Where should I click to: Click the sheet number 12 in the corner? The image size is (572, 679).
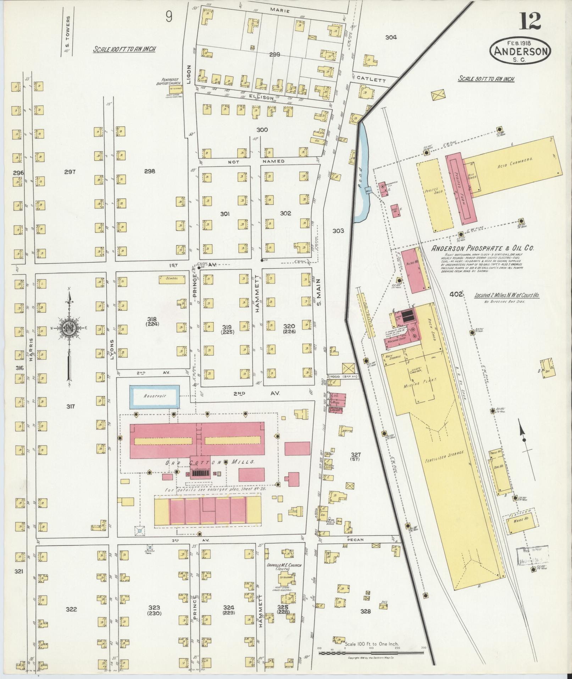click(x=531, y=21)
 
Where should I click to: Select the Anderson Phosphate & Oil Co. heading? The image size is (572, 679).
click(x=482, y=248)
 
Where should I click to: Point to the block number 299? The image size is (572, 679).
click(x=274, y=54)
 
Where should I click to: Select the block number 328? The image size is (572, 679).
click(x=365, y=611)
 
